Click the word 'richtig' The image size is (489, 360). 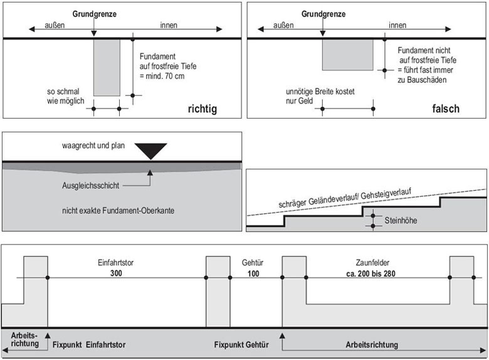coord(202,109)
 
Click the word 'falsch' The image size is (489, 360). coord(445,109)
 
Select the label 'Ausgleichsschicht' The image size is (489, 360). coord(89,186)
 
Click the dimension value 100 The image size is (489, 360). coord(253,273)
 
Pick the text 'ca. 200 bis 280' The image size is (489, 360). coord(377,273)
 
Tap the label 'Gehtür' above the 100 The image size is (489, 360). coord(253,264)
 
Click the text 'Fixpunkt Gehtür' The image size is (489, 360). coord(241,345)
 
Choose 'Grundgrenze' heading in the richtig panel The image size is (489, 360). coord(93,14)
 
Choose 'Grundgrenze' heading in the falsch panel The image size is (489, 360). coord(323,14)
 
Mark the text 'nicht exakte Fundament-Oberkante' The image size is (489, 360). coord(118,211)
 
